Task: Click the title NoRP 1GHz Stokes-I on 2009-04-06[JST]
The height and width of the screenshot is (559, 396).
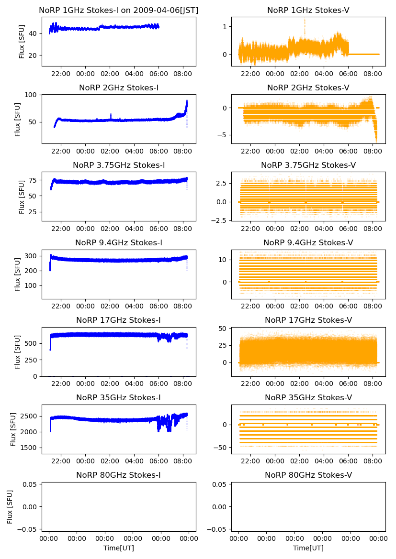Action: pyautogui.click(x=118, y=10)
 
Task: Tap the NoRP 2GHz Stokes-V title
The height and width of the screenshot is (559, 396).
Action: pyautogui.click(x=308, y=88)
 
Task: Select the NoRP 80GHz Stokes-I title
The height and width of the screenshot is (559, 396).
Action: pyautogui.click(x=118, y=475)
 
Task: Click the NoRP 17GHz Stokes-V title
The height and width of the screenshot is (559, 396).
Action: pyautogui.click(x=308, y=320)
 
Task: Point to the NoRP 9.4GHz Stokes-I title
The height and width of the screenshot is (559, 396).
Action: pyautogui.click(x=118, y=242)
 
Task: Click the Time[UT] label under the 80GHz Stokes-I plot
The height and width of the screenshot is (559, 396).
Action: pyautogui.click(x=118, y=548)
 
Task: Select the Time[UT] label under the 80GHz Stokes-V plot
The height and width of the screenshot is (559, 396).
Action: pyautogui.click(x=308, y=548)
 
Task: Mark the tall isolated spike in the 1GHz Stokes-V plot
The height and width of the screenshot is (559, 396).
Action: pyautogui.click(x=304, y=22)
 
